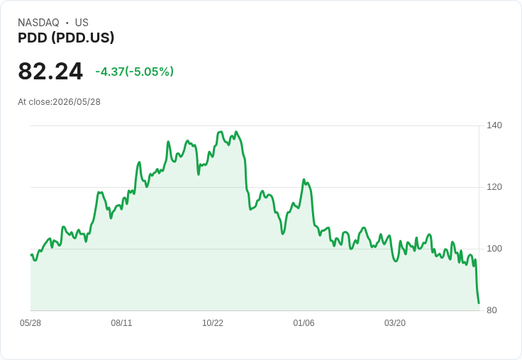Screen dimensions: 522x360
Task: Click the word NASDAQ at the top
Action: (x=38, y=23)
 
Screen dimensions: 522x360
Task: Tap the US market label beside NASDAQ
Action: (x=82, y=23)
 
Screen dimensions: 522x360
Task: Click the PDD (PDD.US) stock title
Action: (x=66, y=38)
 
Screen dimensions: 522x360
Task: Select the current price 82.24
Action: (x=50, y=71)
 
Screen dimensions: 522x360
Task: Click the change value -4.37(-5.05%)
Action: (x=135, y=72)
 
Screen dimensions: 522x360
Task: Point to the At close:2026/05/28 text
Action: (x=60, y=102)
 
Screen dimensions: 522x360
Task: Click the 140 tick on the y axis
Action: (x=494, y=125)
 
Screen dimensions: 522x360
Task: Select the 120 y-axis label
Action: (x=494, y=187)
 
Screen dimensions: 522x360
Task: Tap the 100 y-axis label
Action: (x=494, y=249)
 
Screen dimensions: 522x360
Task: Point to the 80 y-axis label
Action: (x=492, y=310)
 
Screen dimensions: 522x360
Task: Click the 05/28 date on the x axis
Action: (x=30, y=323)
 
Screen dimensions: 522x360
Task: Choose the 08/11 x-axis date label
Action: (x=121, y=323)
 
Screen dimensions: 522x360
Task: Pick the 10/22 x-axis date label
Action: (x=213, y=323)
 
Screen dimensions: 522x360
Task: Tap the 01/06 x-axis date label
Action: (x=304, y=323)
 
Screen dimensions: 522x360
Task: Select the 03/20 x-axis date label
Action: (x=395, y=323)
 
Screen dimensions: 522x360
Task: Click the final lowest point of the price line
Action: (x=479, y=303)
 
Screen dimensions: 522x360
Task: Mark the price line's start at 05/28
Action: (x=31, y=255)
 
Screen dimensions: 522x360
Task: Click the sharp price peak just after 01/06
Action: (x=304, y=180)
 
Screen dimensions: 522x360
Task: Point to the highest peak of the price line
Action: (x=220, y=132)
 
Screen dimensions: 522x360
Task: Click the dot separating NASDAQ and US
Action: (x=67, y=23)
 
